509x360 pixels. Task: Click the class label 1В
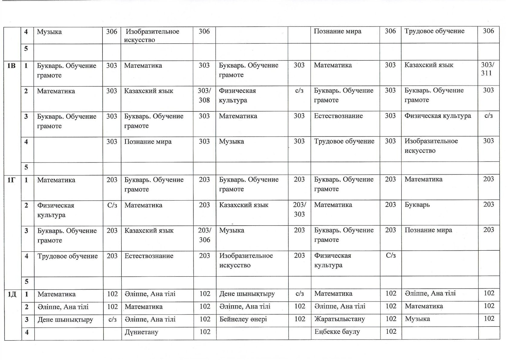(11, 66)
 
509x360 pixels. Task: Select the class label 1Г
(11, 180)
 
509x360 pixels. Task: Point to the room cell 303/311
(487, 69)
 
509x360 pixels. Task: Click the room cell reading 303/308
(204, 95)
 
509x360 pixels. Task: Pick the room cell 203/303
(299, 209)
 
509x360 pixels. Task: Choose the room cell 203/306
(204, 235)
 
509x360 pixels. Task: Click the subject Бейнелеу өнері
(243, 319)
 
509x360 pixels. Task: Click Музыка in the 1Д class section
(417, 319)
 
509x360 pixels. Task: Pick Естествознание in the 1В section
(338, 116)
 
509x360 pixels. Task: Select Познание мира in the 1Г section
(428, 230)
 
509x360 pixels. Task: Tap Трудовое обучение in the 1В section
(344, 141)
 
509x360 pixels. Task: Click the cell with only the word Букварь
(417, 205)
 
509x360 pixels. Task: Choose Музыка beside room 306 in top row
(49, 32)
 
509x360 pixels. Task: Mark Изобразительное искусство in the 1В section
(431, 146)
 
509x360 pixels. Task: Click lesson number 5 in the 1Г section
(27, 282)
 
